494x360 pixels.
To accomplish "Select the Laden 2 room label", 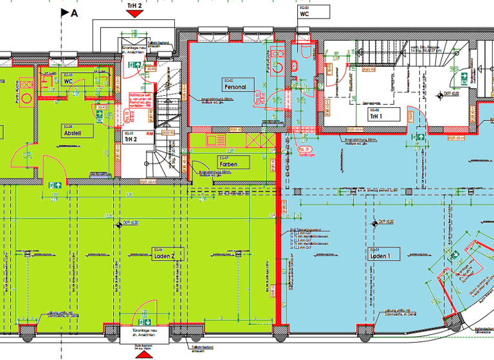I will [x=164, y=255].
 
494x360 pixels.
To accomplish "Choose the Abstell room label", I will [x=72, y=133].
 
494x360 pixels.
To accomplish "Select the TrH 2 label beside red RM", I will [x=131, y=138].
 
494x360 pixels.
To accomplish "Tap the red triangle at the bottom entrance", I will [x=143, y=353].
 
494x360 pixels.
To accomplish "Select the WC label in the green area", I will [x=68, y=82].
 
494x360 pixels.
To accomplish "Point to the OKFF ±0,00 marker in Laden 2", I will [x=121, y=224].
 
